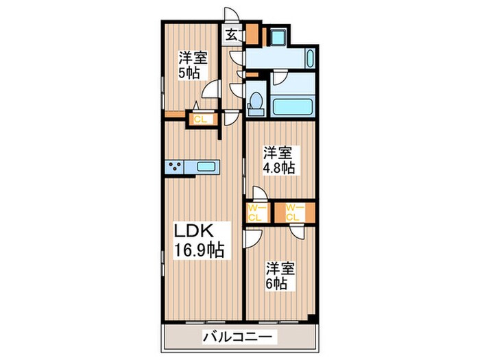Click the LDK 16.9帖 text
(197, 239)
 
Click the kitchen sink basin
(206, 166)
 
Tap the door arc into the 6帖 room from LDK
(253, 238)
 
